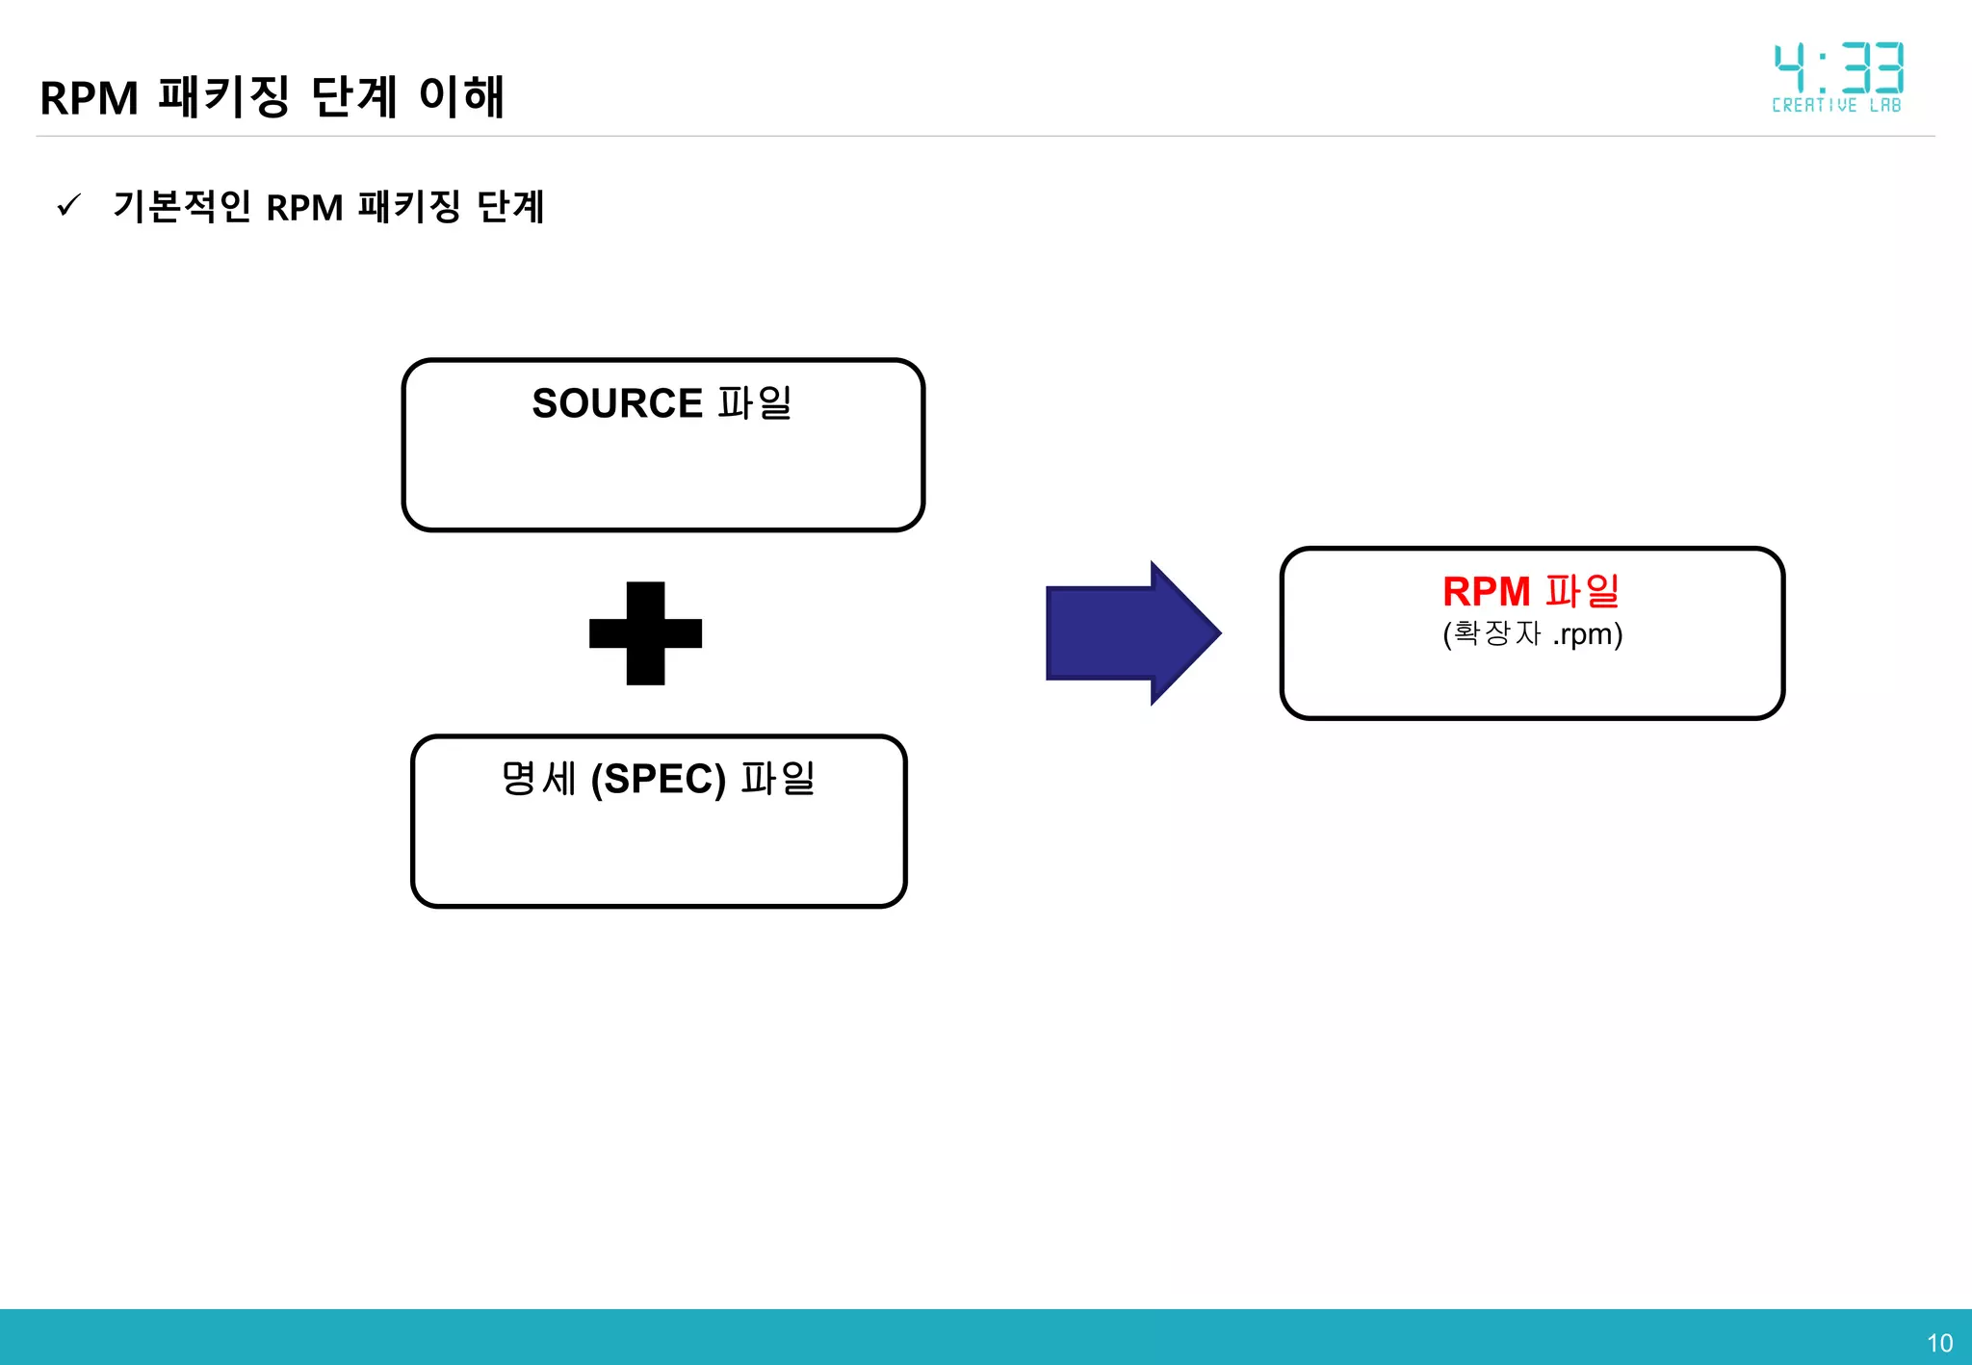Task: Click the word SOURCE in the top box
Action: coord(616,403)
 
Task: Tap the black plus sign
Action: coord(645,633)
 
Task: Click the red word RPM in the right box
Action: coord(1486,591)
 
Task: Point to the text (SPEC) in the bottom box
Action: coord(658,779)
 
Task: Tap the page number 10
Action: coord(1939,1343)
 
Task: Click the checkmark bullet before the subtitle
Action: coord(69,205)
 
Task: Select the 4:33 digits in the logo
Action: coord(1838,67)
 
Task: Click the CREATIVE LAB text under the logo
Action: coord(1836,105)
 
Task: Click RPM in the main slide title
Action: coord(90,98)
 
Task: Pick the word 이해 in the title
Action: coord(461,96)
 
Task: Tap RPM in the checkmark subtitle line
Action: coord(304,208)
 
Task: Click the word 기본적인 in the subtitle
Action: coord(182,206)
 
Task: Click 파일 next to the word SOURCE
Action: coord(755,403)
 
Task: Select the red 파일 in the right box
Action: coord(1582,591)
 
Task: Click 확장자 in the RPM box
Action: coord(1497,633)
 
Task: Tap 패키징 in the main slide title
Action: coord(223,96)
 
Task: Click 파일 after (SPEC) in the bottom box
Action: coord(778,779)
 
